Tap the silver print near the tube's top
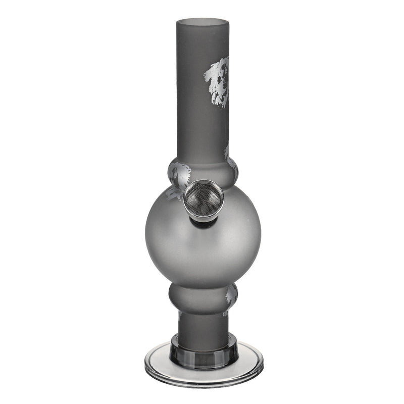coord(218,81)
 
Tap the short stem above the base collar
coord(202,323)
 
